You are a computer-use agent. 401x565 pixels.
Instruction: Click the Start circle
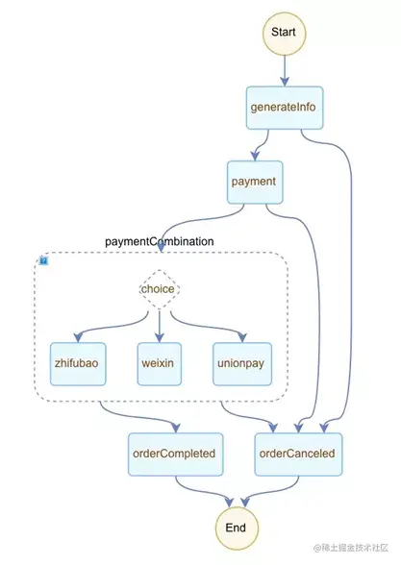point(285,33)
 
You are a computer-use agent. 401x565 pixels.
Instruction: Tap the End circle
point(237,528)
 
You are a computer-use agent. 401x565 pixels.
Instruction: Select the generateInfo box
point(285,108)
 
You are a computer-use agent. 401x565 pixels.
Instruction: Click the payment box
point(255,182)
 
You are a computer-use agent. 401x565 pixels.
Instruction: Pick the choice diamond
point(159,289)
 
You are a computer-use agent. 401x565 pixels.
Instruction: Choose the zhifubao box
point(78,364)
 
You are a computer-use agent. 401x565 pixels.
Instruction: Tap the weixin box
point(159,364)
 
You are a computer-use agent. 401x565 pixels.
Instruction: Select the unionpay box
point(242,364)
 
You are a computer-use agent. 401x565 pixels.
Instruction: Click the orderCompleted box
point(176,454)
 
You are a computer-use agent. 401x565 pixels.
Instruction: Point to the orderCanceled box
point(298,454)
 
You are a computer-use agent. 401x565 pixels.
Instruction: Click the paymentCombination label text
point(159,241)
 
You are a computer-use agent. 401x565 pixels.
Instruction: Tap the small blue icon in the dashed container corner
point(43,260)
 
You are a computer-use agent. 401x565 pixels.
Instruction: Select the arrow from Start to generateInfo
point(285,71)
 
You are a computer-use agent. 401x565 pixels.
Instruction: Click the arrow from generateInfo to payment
point(263,145)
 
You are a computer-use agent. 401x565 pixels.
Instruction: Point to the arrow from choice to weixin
point(159,326)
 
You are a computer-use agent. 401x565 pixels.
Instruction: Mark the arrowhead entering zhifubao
point(78,337)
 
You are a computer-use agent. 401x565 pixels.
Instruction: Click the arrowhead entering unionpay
point(242,337)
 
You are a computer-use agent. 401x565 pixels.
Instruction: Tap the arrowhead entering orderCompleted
point(176,428)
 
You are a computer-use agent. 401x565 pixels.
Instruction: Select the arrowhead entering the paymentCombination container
point(161,247)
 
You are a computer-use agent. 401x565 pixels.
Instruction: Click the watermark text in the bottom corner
point(350,548)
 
